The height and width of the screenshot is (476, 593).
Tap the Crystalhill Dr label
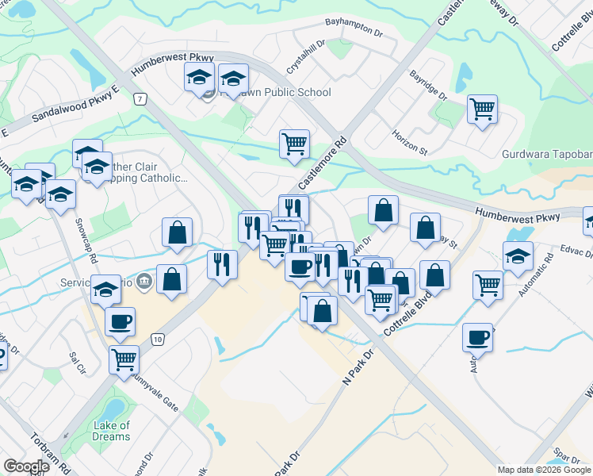(x=306, y=58)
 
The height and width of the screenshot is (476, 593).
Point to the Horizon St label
(x=409, y=142)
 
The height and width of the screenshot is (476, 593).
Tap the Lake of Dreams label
(x=111, y=432)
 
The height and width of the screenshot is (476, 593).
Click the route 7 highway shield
(x=140, y=99)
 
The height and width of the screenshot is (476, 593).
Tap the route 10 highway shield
(x=159, y=339)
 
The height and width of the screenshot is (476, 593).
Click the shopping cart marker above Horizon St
(x=482, y=109)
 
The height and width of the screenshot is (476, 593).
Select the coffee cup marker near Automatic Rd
(x=478, y=336)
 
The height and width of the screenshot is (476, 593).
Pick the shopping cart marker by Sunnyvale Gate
(x=124, y=359)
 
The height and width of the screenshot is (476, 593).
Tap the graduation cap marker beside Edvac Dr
(x=518, y=255)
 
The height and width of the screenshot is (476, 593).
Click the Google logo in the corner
(x=26, y=466)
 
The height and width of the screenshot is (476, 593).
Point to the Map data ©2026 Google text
(x=544, y=470)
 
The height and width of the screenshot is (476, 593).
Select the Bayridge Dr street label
(x=429, y=86)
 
